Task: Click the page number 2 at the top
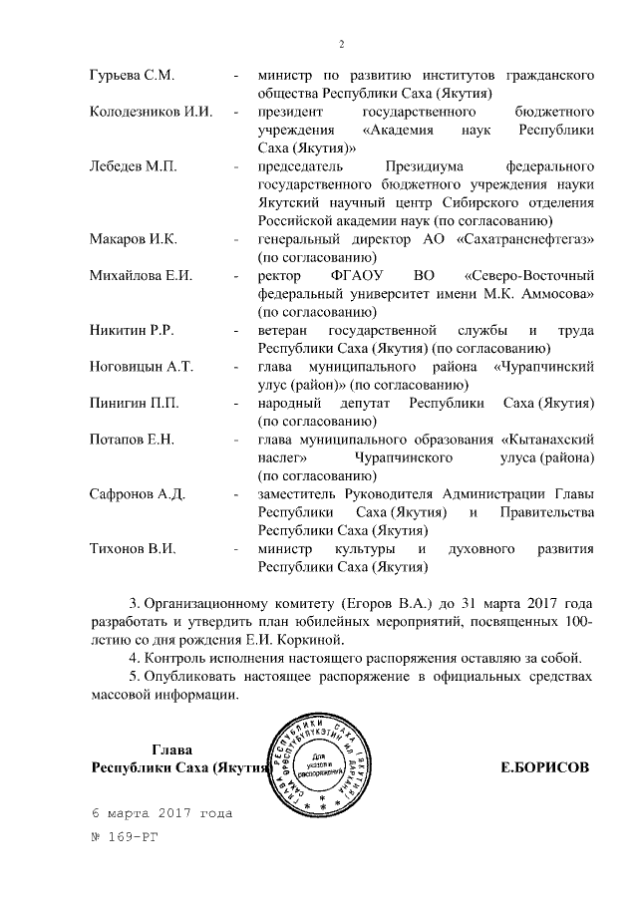pos(341,44)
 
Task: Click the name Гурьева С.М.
pos(133,75)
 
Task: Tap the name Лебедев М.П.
pos(134,165)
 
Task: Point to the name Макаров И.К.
pos(134,239)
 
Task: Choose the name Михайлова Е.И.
pos(141,275)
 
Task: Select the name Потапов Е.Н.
pos(133,439)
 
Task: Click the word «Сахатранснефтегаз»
pos(529,239)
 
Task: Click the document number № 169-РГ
pos(125,837)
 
